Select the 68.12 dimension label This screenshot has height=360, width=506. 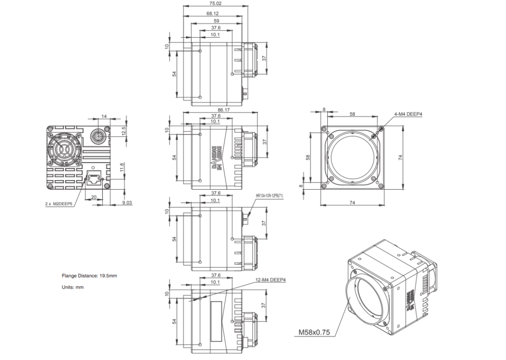click(212, 14)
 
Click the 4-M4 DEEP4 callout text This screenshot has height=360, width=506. click(408, 114)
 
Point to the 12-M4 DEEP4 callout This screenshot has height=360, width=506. click(270, 279)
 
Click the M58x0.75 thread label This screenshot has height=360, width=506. click(314, 332)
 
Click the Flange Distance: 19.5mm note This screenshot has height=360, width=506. click(89, 276)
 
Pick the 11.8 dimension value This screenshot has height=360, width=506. click(122, 165)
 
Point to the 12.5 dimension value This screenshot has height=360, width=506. click(124, 131)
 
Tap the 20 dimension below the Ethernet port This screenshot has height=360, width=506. click(94, 197)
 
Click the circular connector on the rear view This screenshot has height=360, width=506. click(96, 136)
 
